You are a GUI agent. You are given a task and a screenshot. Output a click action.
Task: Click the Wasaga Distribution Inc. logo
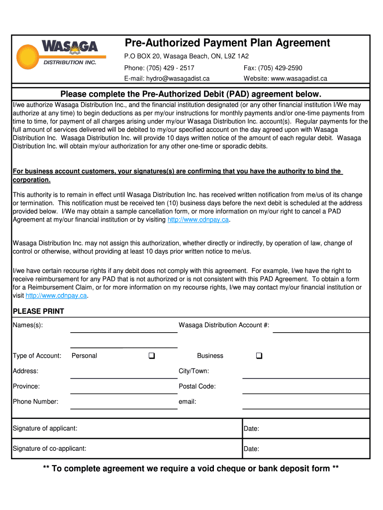pyautogui.click(x=57, y=54)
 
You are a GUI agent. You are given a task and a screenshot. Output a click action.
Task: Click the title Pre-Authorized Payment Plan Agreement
pyautogui.click(x=227, y=43)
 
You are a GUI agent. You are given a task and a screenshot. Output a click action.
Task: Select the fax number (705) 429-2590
pyautogui.click(x=280, y=68)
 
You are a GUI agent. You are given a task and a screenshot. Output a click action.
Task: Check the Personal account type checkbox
pyautogui.click(x=151, y=356)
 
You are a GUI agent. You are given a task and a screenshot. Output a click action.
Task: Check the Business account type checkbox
pyautogui.click(x=259, y=356)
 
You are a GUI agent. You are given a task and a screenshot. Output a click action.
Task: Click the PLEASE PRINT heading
pyautogui.click(x=38, y=311)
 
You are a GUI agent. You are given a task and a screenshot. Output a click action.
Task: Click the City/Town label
pyautogui.click(x=193, y=371)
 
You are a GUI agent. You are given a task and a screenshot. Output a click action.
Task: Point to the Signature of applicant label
pyautogui.click(x=45, y=428)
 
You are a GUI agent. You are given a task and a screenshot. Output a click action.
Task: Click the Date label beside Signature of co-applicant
pyautogui.click(x=251, y=449)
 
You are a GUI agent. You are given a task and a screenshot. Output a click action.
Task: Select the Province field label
pyautogui.click(x=26, y=386)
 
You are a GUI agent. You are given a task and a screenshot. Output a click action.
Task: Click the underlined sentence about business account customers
pyautogui.click(x=177, y=171)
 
